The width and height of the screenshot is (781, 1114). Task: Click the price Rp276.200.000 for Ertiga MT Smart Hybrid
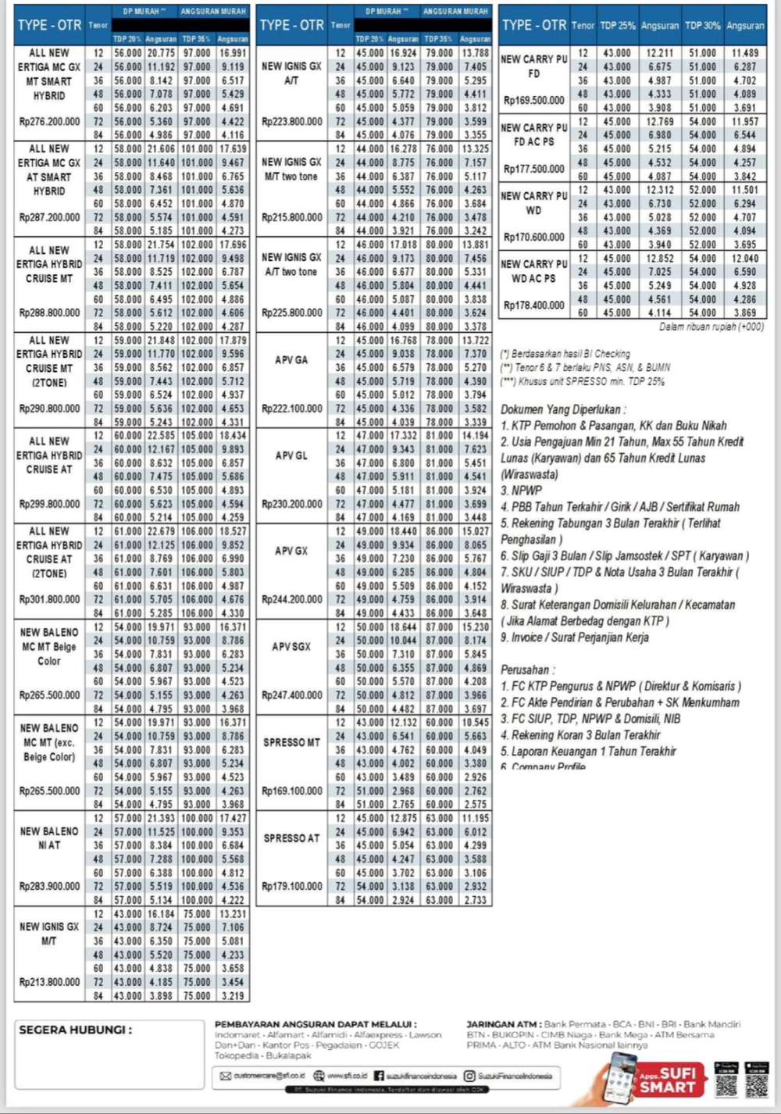click(49, 122)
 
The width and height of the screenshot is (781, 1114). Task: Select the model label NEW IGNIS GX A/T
click(291, 73)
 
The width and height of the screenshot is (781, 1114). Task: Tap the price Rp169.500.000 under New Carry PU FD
click(533, 100)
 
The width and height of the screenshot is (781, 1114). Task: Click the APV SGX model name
click(291, 647)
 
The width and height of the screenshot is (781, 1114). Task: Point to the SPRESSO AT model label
click(291, 838)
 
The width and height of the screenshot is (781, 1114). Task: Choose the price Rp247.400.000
click(291, 695)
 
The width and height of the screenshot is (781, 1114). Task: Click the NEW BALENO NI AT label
click(49, 838)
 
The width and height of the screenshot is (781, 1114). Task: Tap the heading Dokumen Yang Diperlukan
click(561, 409)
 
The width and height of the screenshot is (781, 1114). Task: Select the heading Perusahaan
click(528, 669)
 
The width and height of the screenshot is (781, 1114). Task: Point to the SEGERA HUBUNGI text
click(75, 1030)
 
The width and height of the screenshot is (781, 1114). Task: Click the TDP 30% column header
click(702, 26)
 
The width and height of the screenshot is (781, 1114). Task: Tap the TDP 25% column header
click(617, 26)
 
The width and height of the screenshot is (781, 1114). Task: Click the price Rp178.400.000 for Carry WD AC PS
click(533, 305)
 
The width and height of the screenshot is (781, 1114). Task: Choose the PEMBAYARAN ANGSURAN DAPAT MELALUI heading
click(316, 1024)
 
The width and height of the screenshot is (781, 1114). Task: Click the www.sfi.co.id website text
click(349, 1076)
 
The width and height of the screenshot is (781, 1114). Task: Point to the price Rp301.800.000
click(49, 600)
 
